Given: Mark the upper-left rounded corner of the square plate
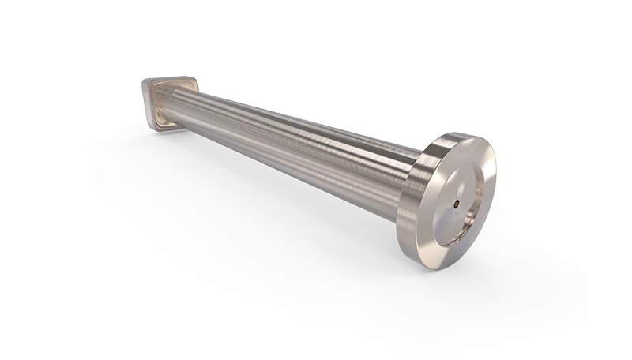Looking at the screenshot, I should click(147, 81).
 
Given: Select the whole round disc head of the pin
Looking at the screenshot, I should click(454, 201).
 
